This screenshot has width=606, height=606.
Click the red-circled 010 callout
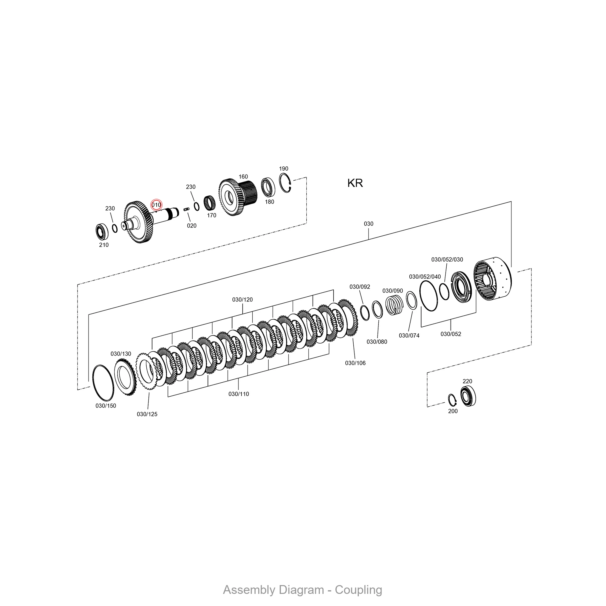[156, 205]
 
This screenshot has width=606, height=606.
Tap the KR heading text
[355, 183]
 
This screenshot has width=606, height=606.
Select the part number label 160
[243, 177]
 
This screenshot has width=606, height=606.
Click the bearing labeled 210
[102, 231]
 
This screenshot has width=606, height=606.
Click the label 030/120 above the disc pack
[242, 300]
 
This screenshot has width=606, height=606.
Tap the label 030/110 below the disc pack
[238, 394]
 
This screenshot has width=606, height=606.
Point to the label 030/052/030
[447, 259]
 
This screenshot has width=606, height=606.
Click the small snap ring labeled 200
[452, 400]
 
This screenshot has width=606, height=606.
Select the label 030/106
[355, 363]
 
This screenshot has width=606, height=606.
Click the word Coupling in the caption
[358, 590]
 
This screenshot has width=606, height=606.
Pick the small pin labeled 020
[186, 209]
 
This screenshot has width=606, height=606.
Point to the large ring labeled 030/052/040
[428, 296]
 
